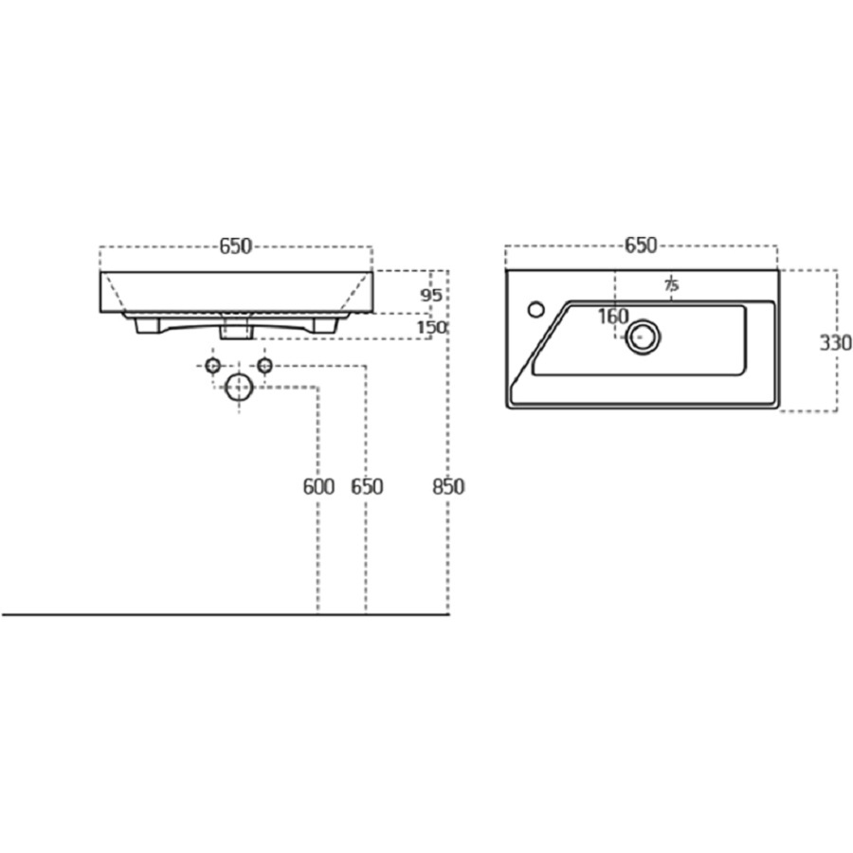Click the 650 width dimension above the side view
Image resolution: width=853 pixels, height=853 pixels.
click(x=236, y=246)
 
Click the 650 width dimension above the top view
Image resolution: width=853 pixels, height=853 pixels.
click(x=641, y=245)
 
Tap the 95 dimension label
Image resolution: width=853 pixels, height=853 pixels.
click(x=431, y=296)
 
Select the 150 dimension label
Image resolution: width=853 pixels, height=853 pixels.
click(x=431, y=328)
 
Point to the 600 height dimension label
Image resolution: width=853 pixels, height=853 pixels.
click(x=318, y=486)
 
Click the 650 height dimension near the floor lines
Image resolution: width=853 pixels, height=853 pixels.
click(x=367, y=486)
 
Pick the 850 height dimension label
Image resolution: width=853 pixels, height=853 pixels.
click(x=449, y=486)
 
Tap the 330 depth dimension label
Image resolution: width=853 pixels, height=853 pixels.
click(x=836, y=343)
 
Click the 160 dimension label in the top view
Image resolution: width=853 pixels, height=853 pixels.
click(x=613, y=316)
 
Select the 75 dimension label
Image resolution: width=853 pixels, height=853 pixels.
click(x=672, y=284)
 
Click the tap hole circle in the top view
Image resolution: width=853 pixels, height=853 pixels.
click(x=536, y=310)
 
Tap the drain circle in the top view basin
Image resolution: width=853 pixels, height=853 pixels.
click(x=644, y=337)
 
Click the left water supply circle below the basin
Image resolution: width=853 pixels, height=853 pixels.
click(x=212, y=365)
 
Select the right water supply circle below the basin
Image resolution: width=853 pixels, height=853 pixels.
click(x=265, y=365)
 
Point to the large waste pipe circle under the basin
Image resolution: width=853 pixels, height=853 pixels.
click(x=240, y=388)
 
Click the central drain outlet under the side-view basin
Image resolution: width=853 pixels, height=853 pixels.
click(x=237, y=326)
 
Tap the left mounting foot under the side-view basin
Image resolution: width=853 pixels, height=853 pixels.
click(x=147, y=325)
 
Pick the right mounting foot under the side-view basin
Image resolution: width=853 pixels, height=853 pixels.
click(x=326, y=325)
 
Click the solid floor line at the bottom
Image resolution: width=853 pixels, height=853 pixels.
click(x=226, y=615)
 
